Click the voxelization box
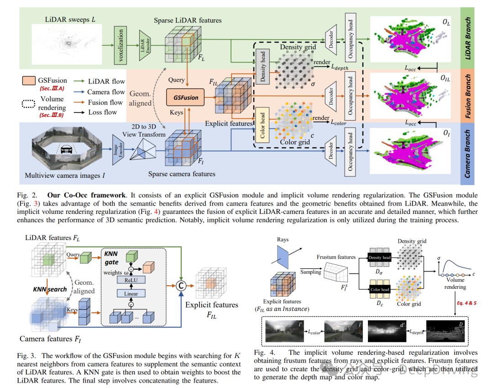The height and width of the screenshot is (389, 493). [121, 45]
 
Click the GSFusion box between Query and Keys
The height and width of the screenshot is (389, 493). [185, 97]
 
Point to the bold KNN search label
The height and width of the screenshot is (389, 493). [50, 289]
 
